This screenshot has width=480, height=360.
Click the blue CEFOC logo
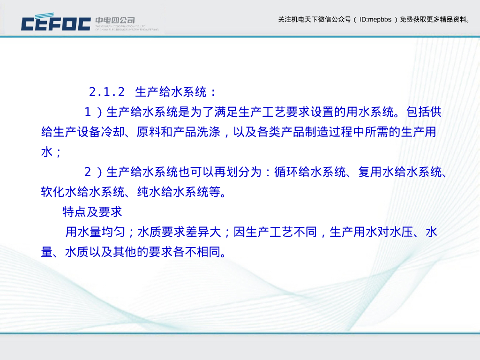pos(56,22)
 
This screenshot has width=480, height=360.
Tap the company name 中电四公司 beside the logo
pos(115,20)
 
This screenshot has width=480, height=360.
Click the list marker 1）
pos(93,112)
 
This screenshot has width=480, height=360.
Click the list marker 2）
pos(93,172)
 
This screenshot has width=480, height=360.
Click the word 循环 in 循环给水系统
pos(286,172)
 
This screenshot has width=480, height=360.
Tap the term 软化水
pos(59,192)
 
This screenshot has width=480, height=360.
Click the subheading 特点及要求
pos(92,212)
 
